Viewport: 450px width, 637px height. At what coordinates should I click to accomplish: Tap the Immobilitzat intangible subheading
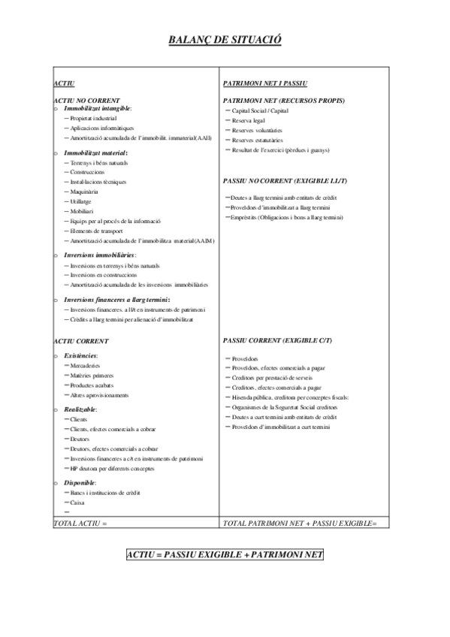98,109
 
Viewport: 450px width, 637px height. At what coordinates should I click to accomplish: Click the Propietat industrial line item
94,119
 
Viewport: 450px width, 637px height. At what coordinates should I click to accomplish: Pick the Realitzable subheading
80,409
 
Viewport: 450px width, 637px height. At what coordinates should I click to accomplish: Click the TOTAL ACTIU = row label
81,522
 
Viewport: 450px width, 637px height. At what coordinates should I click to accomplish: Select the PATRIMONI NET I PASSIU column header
265,83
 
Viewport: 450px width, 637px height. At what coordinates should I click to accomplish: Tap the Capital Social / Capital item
260,110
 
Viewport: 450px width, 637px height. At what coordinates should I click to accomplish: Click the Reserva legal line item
249,120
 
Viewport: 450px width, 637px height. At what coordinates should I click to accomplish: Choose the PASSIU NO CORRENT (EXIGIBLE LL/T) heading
285,181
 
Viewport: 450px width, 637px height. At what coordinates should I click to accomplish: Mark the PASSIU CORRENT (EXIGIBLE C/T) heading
277,341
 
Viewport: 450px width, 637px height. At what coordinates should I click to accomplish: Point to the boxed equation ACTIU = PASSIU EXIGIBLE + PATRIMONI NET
225,554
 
